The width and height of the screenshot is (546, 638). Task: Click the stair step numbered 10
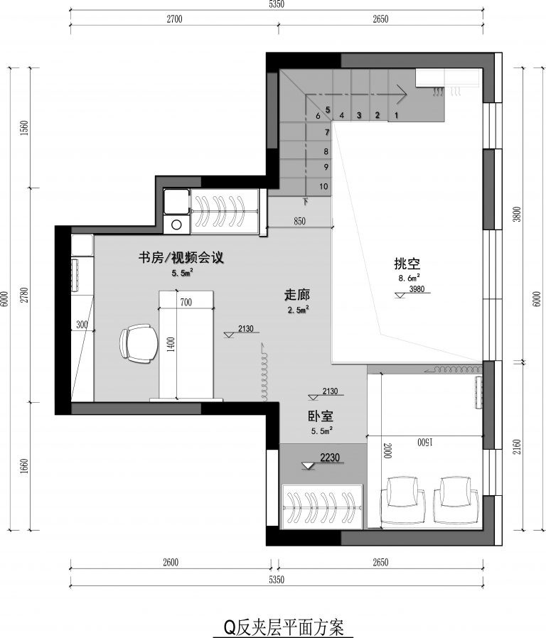(323, 186)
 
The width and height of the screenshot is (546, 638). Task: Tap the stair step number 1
(396, 115)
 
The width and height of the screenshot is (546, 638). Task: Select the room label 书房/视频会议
(181, 258)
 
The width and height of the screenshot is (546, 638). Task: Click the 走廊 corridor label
(297, 295)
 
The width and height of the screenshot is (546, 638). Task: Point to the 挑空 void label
(407, 264)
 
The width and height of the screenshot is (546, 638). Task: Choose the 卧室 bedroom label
(321, 416)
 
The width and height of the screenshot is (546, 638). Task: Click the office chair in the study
(139, 343)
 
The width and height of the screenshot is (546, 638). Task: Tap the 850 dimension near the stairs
(299, 222)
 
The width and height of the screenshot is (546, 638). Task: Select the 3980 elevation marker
(417, 289)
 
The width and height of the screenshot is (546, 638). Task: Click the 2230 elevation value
(330, 458)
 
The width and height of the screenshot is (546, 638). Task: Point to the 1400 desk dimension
(171, 345)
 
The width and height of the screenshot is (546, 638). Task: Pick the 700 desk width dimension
(186, 303)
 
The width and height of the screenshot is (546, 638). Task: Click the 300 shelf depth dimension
(82, 325)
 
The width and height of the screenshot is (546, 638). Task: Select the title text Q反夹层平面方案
(284, 627)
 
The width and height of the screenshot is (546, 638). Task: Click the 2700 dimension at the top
(174, 18)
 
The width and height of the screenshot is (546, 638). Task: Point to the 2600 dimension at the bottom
(171, 562)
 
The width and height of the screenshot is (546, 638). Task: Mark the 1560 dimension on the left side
(24, 128)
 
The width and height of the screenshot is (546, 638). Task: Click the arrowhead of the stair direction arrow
(402, 94)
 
